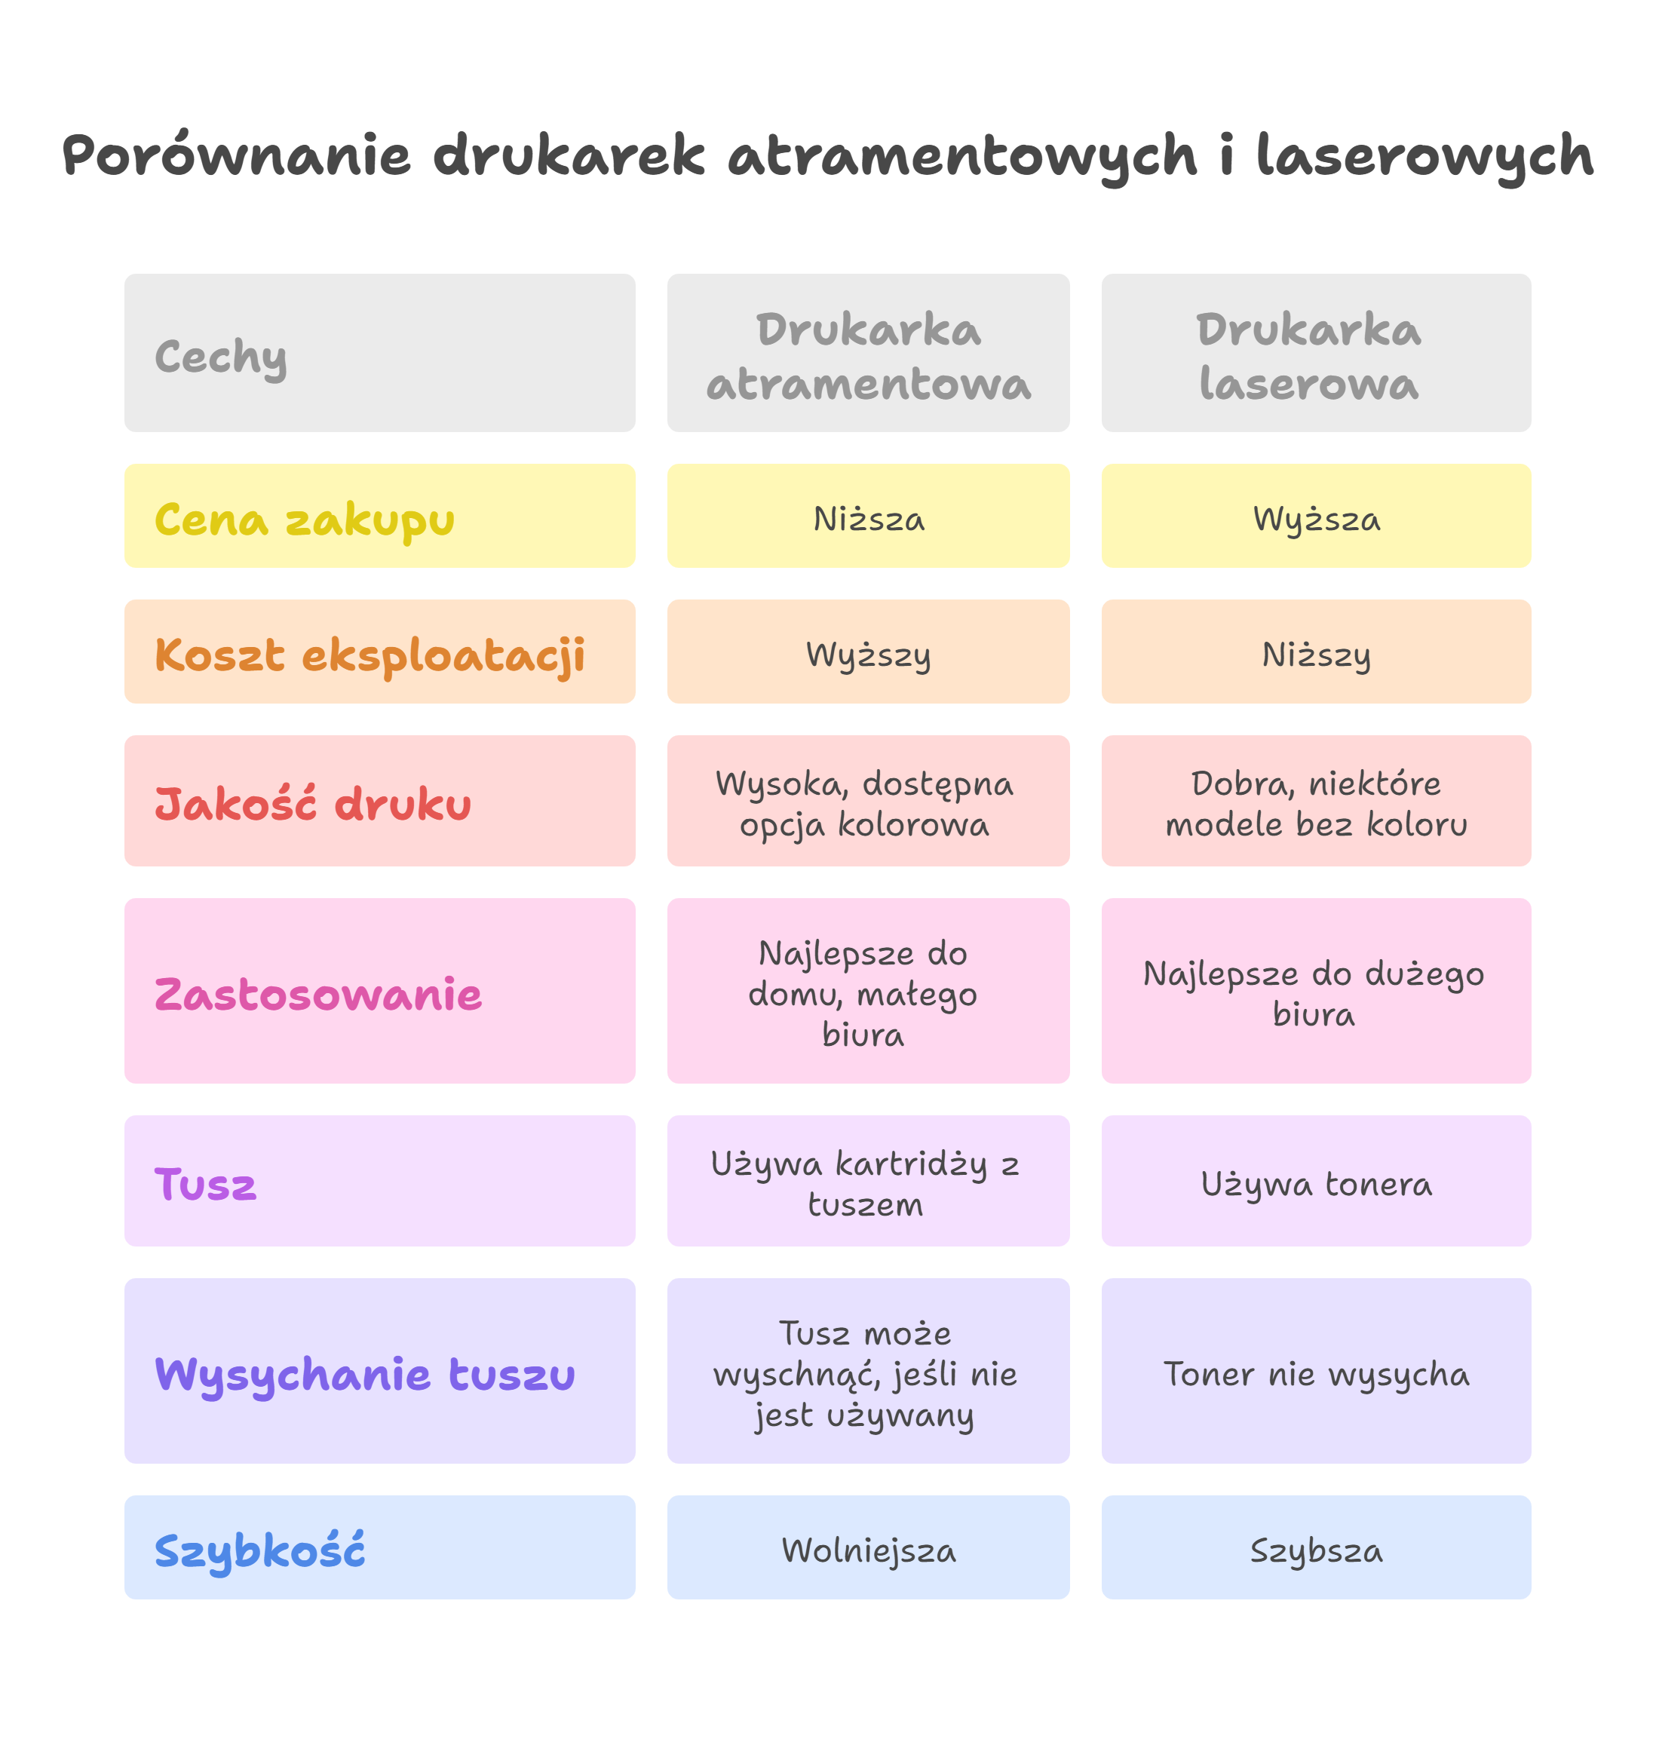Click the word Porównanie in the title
[x=237, y=156]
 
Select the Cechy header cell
[x=379, y=353]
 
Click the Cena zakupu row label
[x=379, y=517]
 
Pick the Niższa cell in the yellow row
[x=869, y=517]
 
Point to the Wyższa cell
[x=1315, y=517]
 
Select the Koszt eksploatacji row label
[x=379, y=653]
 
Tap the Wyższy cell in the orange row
[x=869, y=653]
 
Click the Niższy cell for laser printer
[x=1315, y=653]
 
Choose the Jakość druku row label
[x=379, y=802]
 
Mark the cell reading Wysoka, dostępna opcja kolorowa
[x=869, y=802]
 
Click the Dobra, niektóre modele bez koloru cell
[x=1315, y=802]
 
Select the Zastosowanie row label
[x=379, y=992]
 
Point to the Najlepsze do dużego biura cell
[x=1315, y=992]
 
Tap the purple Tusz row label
[x=379, y=1182]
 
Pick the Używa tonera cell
[x=1315, y=1182]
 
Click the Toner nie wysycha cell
[x=1315, y=1372]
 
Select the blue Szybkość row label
[x=379, y=1548]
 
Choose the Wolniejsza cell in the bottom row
[x=869, y=1548]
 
